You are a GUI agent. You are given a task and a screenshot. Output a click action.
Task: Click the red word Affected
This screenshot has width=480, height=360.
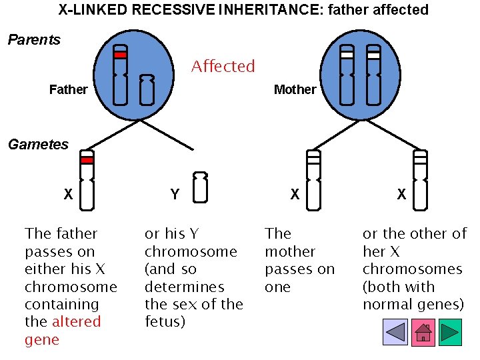[x=223, y=67]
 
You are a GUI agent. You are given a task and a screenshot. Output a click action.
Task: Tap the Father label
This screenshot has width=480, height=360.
[x=68, y=89]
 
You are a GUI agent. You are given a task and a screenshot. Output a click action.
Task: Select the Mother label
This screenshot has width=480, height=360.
[x=295, y=89]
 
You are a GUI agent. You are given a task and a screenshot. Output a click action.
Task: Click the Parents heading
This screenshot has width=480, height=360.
[x=34, y=40]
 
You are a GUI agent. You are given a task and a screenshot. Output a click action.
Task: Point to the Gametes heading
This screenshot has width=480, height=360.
[x=38, y=145]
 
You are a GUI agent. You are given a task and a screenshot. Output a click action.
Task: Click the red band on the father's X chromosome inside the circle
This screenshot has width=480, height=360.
[x=120, y=55]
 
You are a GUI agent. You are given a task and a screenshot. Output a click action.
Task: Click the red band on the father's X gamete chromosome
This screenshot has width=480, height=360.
[x=87, y=160]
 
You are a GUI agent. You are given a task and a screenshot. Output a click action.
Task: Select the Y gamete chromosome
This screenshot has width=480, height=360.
[x=199, y=187]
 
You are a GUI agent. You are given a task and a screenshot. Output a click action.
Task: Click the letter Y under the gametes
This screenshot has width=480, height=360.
[x=175, y=195]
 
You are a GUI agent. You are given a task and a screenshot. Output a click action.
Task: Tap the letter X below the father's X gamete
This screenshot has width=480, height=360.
[x=68, y=195]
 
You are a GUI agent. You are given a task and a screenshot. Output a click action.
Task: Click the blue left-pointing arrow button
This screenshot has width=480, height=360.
[x=395, y=332]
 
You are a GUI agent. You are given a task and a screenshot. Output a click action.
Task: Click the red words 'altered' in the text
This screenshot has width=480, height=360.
[x=76, y=322]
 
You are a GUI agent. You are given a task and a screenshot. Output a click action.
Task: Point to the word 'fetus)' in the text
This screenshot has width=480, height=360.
[x=165, y=322]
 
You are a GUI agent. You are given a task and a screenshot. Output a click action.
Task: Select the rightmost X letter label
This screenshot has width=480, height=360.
[x=401, y=195]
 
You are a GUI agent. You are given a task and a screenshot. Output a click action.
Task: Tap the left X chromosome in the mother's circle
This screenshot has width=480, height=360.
[x=347, y=75]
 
